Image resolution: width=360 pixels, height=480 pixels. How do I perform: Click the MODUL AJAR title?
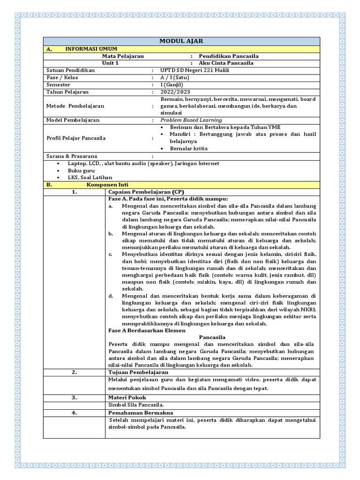pyautogui.click(x=181, y=42)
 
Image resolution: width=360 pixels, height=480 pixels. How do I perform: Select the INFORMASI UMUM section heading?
pyautogui.click(x=91, y=49)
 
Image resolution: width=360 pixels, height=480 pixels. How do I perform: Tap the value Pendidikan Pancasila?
pyautogui.click(x=228, y=56)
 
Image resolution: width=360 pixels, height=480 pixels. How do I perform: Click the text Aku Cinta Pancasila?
pyautogui.click(x=226, y=63)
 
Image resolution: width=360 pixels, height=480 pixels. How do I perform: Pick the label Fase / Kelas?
pyautogui.click(x=62, y=77)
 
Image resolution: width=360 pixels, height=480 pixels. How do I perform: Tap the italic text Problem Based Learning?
pyautogui.click(x=191, y=120)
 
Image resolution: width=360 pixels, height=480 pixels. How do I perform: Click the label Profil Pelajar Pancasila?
pyautogui.click(x=76, y=138)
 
